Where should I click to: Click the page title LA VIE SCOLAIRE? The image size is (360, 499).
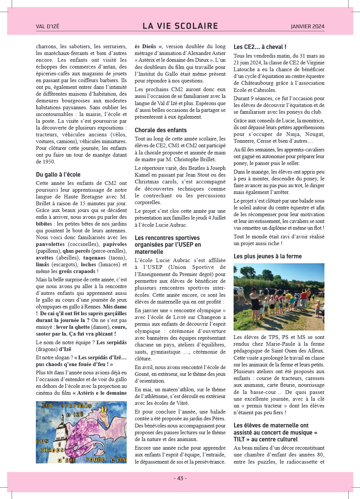[x=180, y=26]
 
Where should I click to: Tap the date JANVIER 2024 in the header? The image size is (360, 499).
[x=307, y=26]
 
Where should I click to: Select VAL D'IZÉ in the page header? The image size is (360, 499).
[x=47, y=26]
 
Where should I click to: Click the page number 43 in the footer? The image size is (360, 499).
[x=180, y=478]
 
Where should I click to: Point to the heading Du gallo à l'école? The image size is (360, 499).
[x=58, y=174]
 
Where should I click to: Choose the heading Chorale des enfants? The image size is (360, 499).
[x=161, y=130]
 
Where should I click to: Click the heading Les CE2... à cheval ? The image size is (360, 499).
[x=260, y=47]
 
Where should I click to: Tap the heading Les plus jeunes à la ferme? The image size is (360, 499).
[x=268, y=256]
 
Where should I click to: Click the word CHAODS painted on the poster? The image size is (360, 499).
[x=52, y=450]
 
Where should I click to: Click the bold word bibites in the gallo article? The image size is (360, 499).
[x=44, y=224]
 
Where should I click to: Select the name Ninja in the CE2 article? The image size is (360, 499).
[x=293, y=134]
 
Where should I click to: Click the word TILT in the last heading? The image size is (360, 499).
[x=239, y=439]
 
